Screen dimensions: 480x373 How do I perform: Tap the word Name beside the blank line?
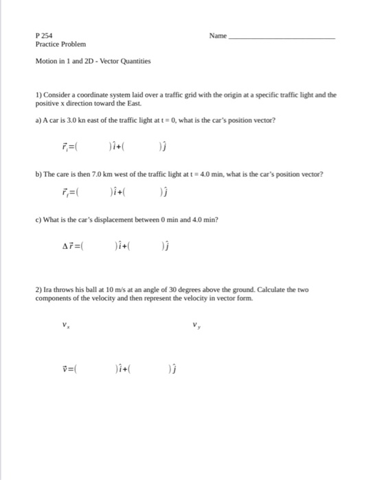coord(218,34)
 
